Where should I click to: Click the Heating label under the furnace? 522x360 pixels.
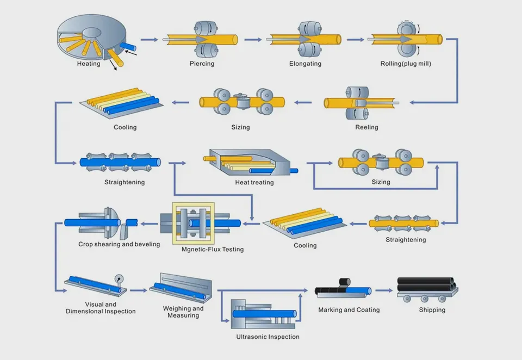89,64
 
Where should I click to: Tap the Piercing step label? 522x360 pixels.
202,64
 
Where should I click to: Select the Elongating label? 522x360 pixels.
305,64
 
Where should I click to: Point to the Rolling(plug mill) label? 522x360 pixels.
406,64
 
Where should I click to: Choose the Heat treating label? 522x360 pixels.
254,182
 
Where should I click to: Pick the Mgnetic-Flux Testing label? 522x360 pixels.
213,249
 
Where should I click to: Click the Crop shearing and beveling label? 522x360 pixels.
119,244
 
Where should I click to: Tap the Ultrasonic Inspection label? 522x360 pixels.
268,337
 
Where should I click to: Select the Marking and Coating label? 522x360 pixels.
349,310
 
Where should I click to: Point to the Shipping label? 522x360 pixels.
432,310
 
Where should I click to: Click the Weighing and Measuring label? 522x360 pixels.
183,312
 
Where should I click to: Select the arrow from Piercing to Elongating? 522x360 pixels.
252,40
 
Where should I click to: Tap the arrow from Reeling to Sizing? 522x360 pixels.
303,102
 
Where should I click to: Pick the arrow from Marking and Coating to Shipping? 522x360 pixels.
383,290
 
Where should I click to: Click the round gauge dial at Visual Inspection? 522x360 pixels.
119,279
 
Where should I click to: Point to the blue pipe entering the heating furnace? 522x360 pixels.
131,47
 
